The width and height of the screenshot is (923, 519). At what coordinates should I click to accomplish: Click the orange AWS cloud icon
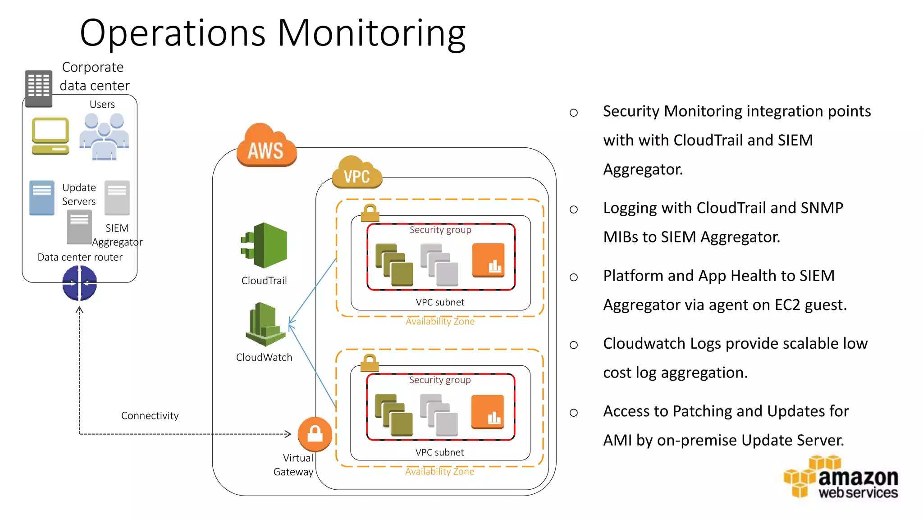click(x=266, y=146)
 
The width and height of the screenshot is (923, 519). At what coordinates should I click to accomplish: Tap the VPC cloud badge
click(x=356, y=173)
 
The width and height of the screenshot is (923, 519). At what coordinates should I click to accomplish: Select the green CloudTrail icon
click(x=265, y=246)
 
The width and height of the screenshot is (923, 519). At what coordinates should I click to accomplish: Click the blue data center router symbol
click(x=79, y=283)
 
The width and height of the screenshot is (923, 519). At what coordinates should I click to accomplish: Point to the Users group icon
click(x=104, y=136)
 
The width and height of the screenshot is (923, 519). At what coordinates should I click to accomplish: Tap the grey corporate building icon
click(x=38, y=88)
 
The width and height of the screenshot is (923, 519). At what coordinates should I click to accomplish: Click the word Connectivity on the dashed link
click(x=150, y=415)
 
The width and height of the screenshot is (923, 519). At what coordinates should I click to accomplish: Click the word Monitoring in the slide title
click(x=371, y=33)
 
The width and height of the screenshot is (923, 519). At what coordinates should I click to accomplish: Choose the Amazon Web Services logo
click(x=841, y=478)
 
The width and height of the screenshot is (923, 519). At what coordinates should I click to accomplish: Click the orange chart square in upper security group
click(x=488, y=260)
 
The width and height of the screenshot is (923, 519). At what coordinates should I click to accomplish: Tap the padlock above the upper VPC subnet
click(x=370, y=212)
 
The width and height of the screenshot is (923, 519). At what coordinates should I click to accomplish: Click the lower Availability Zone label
click(x=439, y=472)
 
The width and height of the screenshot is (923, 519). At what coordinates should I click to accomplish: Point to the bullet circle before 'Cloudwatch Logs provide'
click(x=573, y=345)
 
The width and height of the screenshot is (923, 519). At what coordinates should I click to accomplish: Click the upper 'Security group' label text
click(x=440, y=230)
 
